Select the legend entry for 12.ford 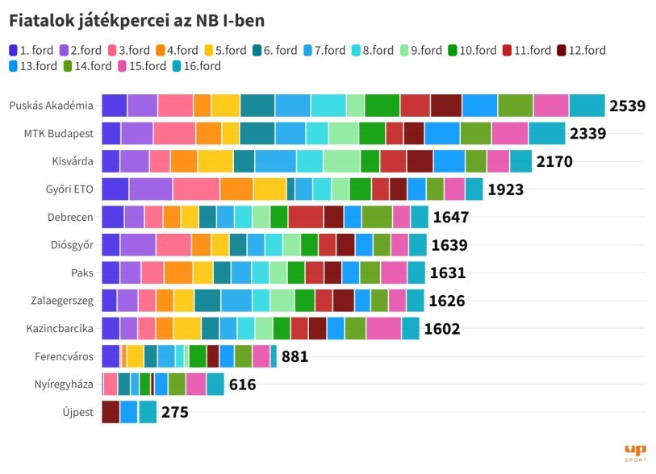pos(581,50)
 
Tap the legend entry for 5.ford pos(224,50)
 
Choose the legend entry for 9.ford pos(419,50)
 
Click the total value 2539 pos(628,106)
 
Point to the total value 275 pos(174,413)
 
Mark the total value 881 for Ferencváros pos(295,356)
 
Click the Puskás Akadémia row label pos(51,106)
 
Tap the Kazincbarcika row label pos(60,328)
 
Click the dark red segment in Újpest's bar pos(111,412)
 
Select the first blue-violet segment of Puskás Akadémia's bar pos(115,106)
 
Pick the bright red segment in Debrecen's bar pos(306,217)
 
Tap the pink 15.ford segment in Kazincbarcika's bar pos(383,328)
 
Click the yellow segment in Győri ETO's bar pos(270,189)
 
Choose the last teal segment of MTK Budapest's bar pos(547,133)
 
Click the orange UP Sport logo pos(635,452)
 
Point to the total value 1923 pos(506,189)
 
